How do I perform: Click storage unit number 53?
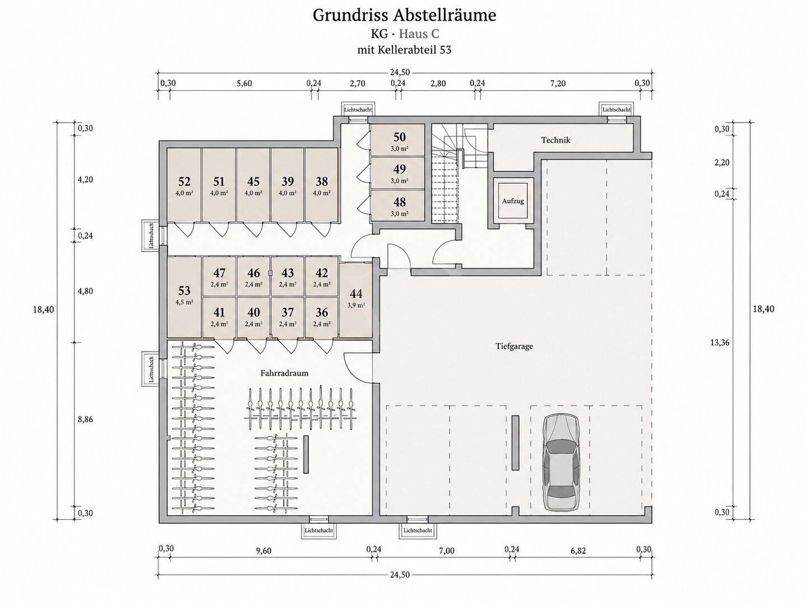point(184,297)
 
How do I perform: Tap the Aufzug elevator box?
point(513,201)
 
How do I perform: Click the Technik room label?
point(555,139)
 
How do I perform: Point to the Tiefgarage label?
point(514,346)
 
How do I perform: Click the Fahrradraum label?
point(284,373)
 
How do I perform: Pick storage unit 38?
point(321,185)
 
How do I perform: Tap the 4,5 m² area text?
point(184,302)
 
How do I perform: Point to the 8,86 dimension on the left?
point(85,420)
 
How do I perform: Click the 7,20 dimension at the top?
point(558,83)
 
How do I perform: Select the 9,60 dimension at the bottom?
point(263,561)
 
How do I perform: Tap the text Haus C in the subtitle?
point(419,34)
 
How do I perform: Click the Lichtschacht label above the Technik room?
point(616,109)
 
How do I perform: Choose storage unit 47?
point(219,276)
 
